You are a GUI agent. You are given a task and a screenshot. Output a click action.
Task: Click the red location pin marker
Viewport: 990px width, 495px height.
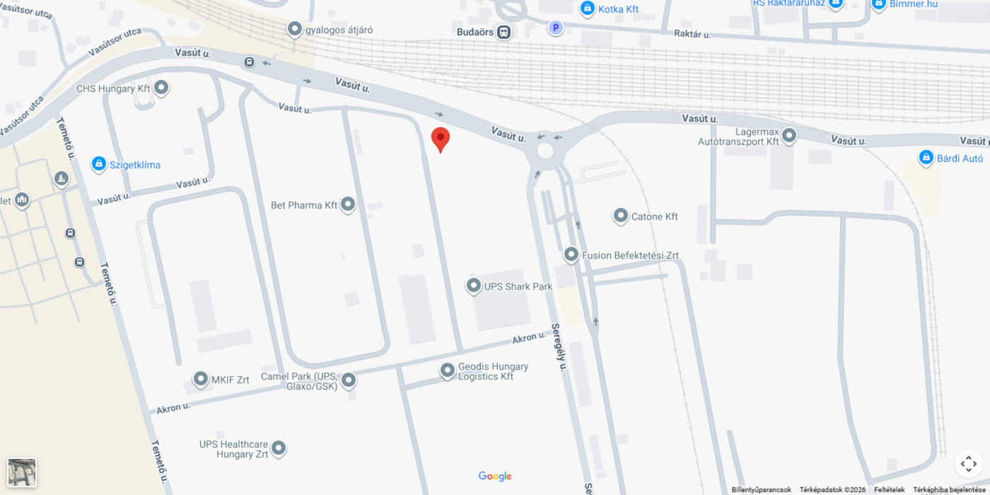(x=441, y=139)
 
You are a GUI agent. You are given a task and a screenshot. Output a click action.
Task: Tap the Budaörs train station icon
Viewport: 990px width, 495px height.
(x=503, y=32)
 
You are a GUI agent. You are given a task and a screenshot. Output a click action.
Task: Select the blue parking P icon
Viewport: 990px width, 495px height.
(x=556, y=28)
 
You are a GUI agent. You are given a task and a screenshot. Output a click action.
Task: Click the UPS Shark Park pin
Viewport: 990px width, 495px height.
(x=474, y=286)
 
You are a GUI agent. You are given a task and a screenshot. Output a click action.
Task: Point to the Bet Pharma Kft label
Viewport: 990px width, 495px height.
(x=304, y=206)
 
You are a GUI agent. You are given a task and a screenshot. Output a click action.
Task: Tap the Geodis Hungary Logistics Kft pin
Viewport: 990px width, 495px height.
(x=447, y=371)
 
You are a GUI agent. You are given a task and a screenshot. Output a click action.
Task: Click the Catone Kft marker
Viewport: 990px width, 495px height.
(x=620, y=216)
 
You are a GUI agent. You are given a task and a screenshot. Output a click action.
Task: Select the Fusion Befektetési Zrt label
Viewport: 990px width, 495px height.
(x=630, y=255)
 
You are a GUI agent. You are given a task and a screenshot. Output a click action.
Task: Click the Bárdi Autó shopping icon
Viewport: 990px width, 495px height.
(x=926, y=158)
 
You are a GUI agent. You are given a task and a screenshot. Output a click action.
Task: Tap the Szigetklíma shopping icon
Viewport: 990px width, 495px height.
(x=99, y=165)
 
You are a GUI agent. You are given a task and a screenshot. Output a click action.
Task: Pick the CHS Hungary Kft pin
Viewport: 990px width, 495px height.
(x=161, y=88)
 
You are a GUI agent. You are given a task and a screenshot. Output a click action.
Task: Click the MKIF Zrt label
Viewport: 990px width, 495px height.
(x=231, y=380)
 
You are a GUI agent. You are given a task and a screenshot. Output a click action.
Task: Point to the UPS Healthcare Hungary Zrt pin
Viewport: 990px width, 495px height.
(x=279, y=448)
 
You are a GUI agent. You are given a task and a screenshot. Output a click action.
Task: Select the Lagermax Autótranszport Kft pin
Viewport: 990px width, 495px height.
(x=789, y=135)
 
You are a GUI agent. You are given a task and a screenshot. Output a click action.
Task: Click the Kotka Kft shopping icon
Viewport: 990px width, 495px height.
(x=587, y=8)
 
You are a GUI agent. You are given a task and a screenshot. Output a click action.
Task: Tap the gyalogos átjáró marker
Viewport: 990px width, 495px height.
(x=295, y=29)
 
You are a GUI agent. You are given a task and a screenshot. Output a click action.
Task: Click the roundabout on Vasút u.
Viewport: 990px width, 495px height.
(x=544, y=150)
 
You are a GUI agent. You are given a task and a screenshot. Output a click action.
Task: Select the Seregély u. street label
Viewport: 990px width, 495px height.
(x=559, y=347)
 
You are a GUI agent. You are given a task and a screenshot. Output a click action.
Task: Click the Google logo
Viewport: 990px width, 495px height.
(x=495, y=477)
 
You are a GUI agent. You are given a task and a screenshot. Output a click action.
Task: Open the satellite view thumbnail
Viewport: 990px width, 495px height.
(x=22, y=472)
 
